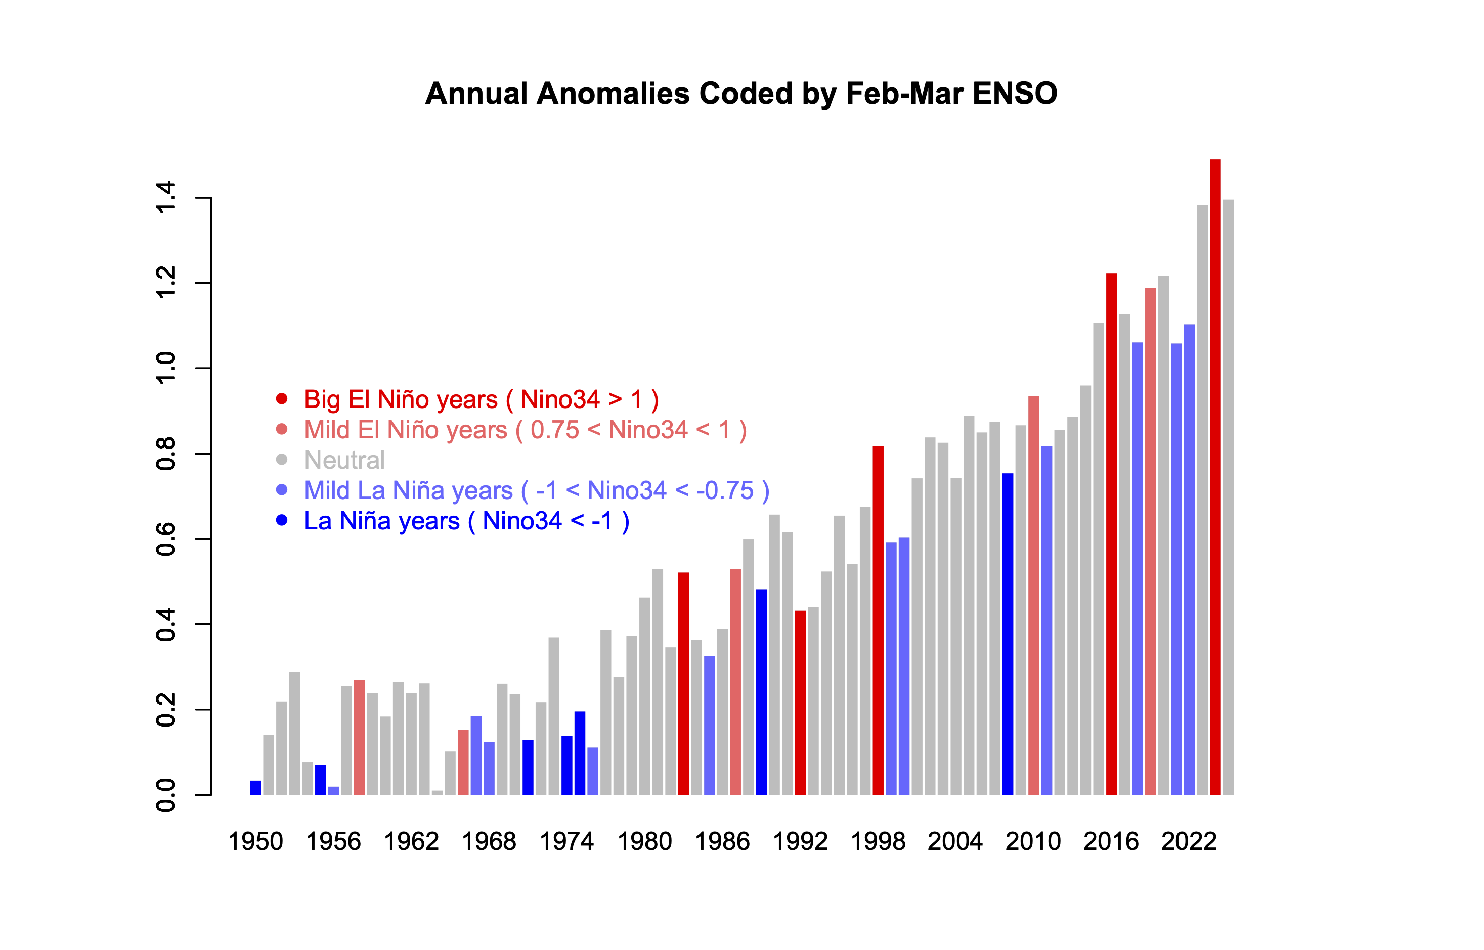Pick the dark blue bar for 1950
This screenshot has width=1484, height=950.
(255, 788)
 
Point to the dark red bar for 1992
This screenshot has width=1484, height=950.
(800, 703)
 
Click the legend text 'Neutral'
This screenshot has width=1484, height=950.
(344, 460)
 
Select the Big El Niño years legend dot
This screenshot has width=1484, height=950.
(281, 399)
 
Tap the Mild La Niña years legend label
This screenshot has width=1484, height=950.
(536, 490)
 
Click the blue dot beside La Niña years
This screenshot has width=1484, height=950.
(281, 520)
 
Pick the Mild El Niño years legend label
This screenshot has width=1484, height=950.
(525, 430)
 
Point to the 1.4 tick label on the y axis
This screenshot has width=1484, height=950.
(166, 197)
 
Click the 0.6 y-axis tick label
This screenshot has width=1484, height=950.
(166, 538)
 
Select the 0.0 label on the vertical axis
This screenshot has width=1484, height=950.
(166, 795)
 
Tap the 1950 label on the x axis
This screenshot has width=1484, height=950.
(255, 841)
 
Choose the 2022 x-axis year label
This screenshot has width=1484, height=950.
(1189, 841)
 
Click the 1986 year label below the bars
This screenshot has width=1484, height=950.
(722, 841)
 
